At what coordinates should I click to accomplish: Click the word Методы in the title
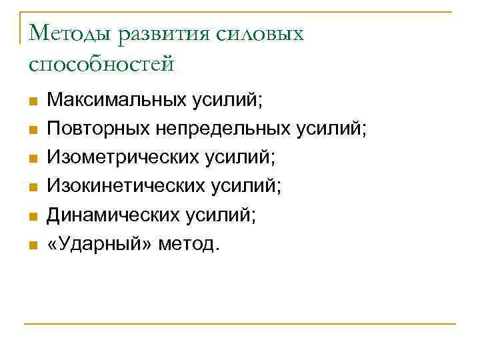click(71, 34)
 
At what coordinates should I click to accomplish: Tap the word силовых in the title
click(261, 34)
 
